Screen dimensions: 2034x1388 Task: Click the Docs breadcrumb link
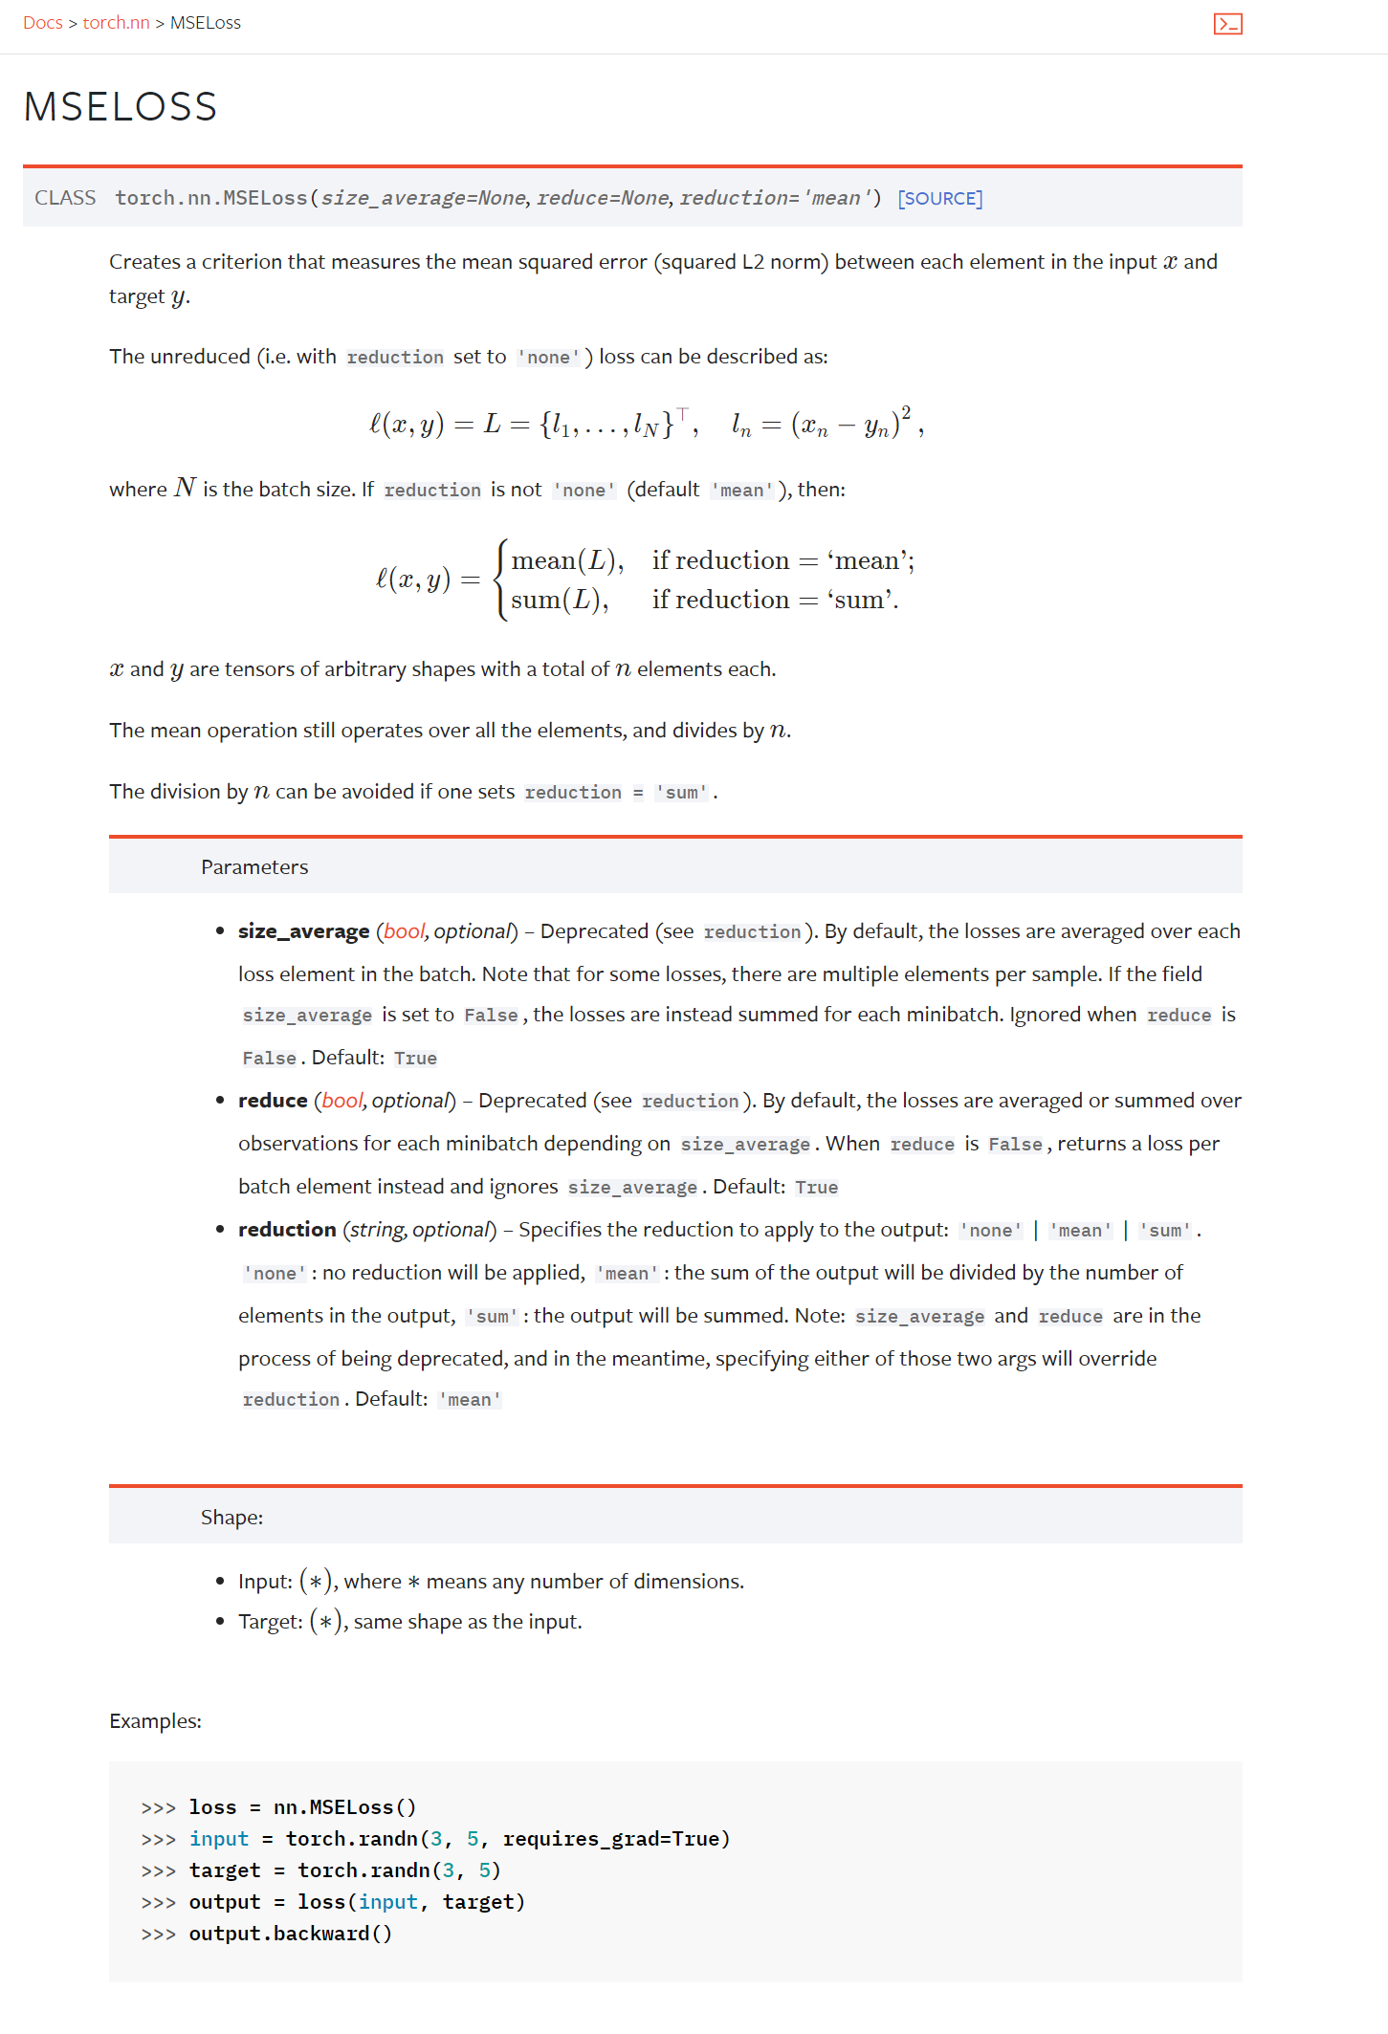[43, 23]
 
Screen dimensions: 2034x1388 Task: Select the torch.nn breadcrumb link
[116, 23]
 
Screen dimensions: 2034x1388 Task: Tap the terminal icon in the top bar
[1227, 24]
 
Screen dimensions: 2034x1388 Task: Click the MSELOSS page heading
[121, 106]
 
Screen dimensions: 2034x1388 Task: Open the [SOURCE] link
[939, 198]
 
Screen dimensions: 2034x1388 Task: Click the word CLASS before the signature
[65, 198]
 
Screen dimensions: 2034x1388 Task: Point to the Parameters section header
[254, 866]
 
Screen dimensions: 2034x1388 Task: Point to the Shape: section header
[231, 1517]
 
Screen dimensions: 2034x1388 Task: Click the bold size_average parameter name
[303, 931]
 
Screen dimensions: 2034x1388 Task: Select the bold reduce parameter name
[273, 1101]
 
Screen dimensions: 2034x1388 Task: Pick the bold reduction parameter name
[287, 1230]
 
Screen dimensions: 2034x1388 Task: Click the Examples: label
[155, 1721]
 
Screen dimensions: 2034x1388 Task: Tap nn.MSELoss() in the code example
[344, 1807]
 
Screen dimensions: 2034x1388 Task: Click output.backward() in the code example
[290, 1934]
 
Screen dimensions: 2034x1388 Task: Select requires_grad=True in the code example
[616, 1839]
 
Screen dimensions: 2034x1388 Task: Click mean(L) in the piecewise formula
[566, 560]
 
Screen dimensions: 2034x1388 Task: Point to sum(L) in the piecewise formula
[559, 601]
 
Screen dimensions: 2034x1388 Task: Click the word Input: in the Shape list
[265, 1582]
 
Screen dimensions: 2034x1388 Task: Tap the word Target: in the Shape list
[271, 1622]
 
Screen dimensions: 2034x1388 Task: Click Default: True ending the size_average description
[374, 1058]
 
